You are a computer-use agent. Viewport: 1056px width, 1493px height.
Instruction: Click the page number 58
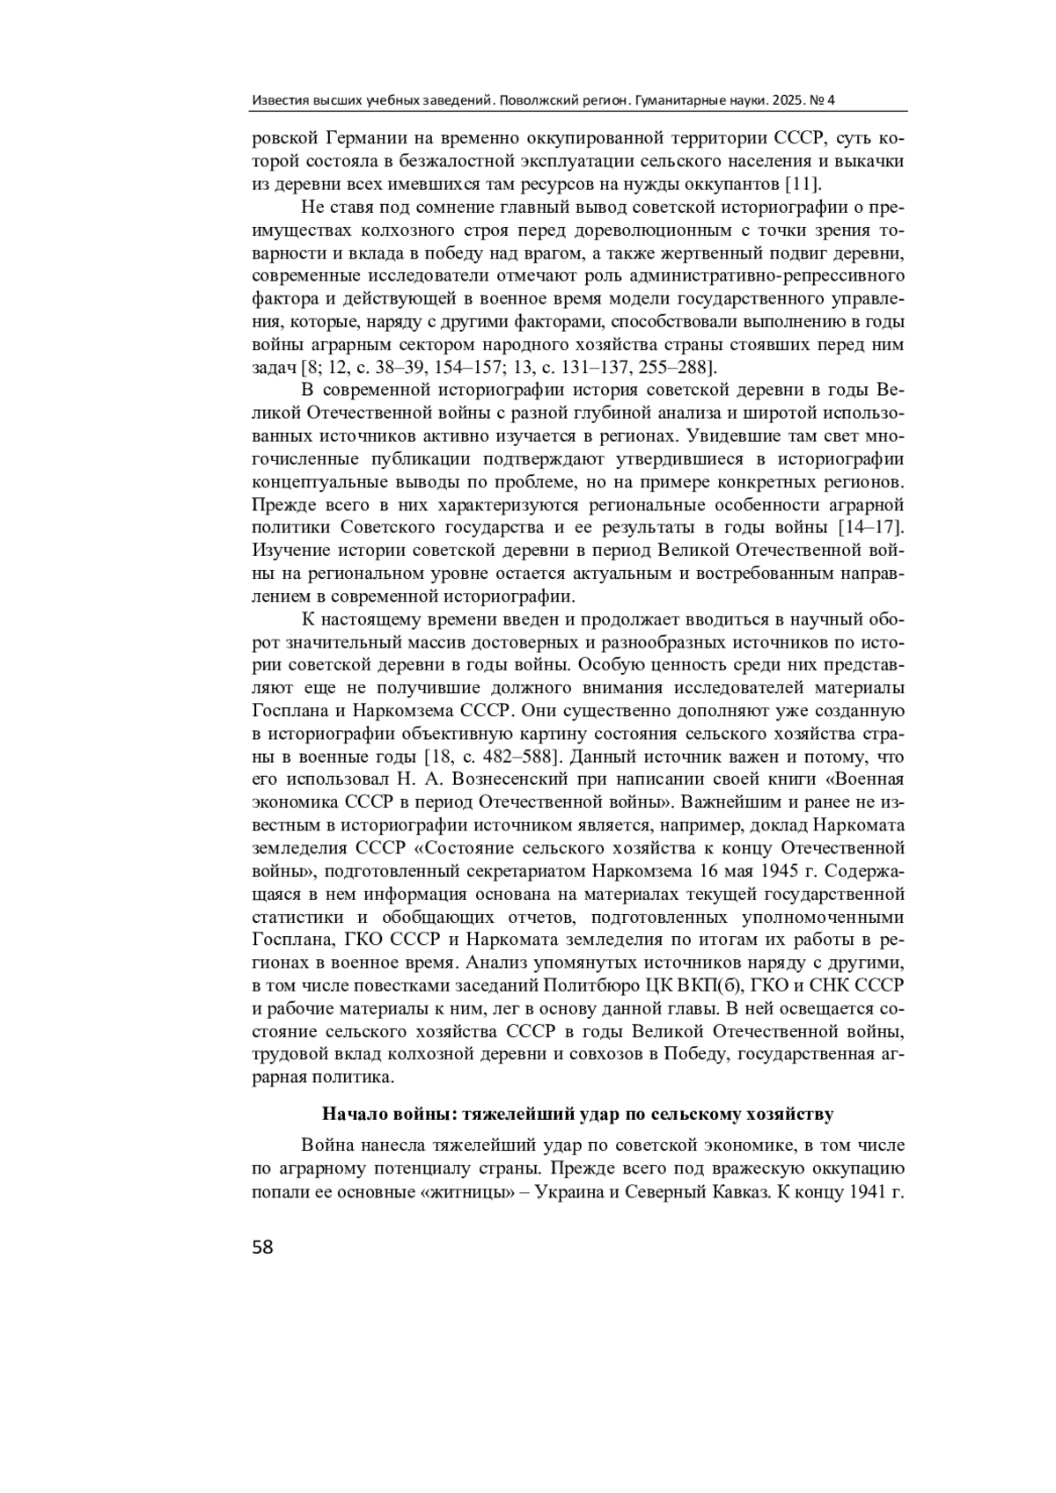263,1247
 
